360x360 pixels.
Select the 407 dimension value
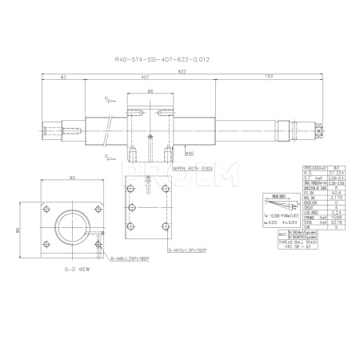(144, 78)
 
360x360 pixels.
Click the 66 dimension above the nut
(151, 92)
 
